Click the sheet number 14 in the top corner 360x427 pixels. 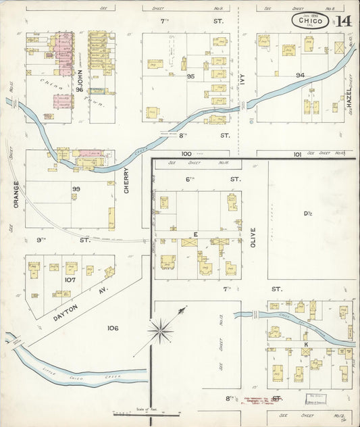click(x=343, y=20)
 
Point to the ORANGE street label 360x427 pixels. click(x=15, y=193)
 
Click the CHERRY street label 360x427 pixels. click(x=126, y=180)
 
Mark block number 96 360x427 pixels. click(x=79, y=89)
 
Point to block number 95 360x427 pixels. click(x=191, y=76)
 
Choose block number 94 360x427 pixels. click(x=300, y=74)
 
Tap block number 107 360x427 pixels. click(x=70, y=279)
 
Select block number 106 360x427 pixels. click(x=113, y=328)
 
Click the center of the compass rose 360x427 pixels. click(x=161, y=330)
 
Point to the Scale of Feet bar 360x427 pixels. click(x=147, y=413)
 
